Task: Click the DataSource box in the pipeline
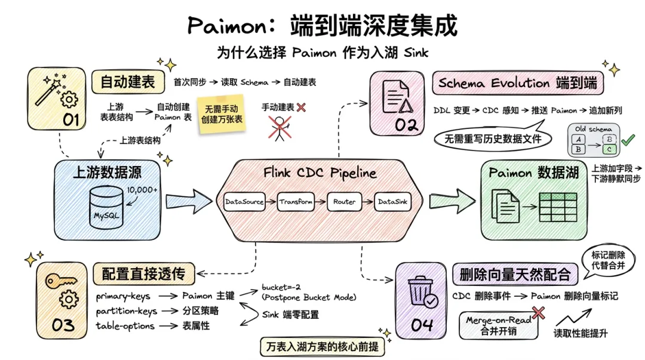244,202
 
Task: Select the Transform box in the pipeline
296,202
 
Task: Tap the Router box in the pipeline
345,202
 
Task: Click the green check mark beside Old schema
628,140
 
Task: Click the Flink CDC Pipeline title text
320,173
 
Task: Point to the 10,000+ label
142,190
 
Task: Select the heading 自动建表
127,82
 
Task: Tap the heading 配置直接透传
143,274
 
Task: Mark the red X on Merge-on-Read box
539,312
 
